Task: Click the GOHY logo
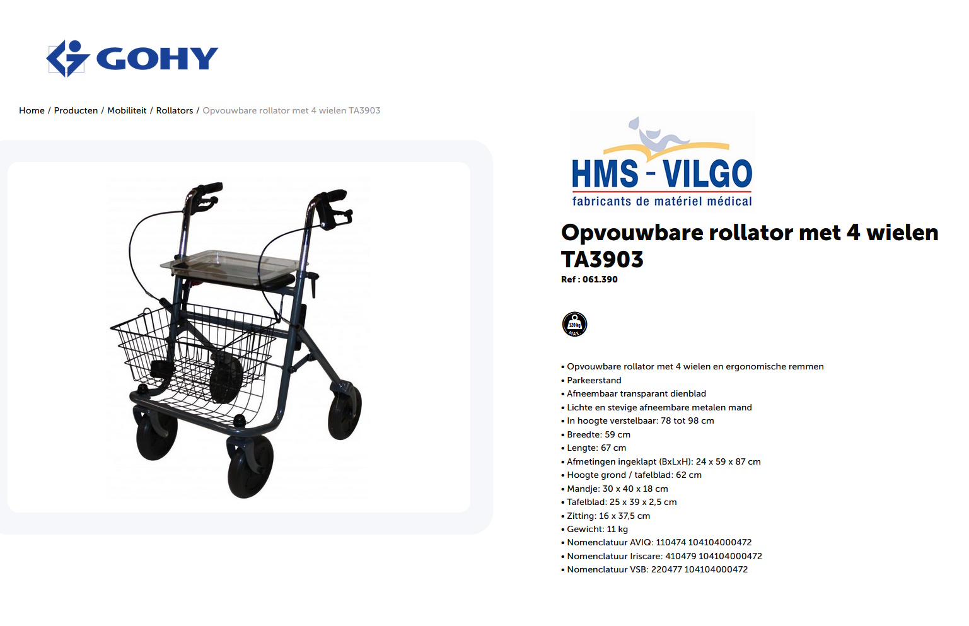pyautogui.click(x=132, y=59)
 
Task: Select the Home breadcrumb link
pyautogui.click(x=32, y=110)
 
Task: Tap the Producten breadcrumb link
pyautogui.click(x=76, y=110)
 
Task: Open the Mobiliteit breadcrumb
pyautogui.click(x=127, y=110)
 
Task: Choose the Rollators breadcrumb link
pyautogui.click(x=175, y=110)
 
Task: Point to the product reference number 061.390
pyautogui.click(x=600, y=279)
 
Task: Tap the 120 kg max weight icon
pyautogui.click(x=574, y=324)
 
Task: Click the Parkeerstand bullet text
pyautogui.click(x=594, y=380)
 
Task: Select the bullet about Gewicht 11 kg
pyautogui.click(x=597, y=529)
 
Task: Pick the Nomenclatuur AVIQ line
pyautogui.click(x=659, y=542)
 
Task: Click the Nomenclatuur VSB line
pyautogui.click(x=657, y=569)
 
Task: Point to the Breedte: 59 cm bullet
pyautogui.click(x=598, y=434)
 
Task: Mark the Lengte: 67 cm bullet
pyautogui.click(x=596, y=448)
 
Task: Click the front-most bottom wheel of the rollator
pyautogui.click(x=250, y=467)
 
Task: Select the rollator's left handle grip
pyautogui.click(x=208, y=188)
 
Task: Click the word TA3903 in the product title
pyautogui.click(x=602, y=259)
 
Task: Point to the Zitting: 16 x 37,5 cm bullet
pyautogui.click(x=608, y=516)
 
